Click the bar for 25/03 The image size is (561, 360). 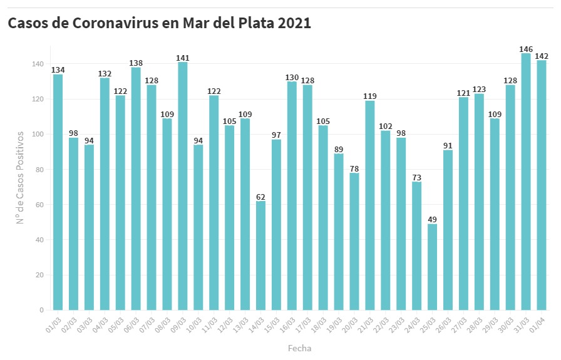(432, 267)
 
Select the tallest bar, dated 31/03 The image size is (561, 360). (526, 182)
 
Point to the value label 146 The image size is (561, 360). (526, 49)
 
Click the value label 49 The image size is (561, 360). (432, 220)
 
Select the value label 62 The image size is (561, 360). (260, 197)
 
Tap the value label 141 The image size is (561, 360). (183, 58)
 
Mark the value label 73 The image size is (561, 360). (416, 178)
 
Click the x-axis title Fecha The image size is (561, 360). (299, 348)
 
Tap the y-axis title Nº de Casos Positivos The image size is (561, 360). (20, 177)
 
